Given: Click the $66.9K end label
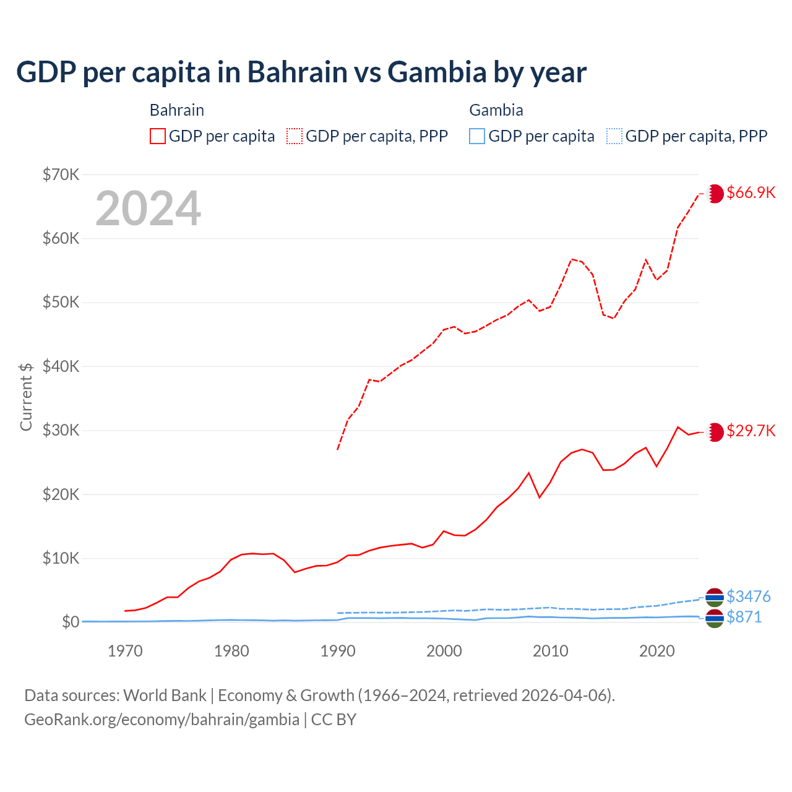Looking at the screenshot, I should pos(751,192).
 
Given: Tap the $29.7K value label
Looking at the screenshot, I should pos(751,431).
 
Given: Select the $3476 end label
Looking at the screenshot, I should pos(748,596).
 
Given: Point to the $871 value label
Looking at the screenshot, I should pos(744,617).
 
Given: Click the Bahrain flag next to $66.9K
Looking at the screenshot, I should pos(715,193).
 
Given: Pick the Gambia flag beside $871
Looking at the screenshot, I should pos(715,618).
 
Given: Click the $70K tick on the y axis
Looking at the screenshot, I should pos(61,174).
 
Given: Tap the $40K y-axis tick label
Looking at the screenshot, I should pos(61,366).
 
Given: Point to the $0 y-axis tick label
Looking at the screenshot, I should pos(71,622).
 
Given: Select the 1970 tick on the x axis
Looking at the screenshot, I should pos(125,651).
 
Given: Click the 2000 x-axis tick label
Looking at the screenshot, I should pos(444,651).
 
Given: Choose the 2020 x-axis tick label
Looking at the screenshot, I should pos(656,651).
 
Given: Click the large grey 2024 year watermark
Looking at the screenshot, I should pos(148,209).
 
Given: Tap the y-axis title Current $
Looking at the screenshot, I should pos(26,397).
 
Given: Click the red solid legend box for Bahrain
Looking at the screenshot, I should pos(158,136).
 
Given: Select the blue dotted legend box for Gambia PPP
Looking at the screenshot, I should pos(614,136).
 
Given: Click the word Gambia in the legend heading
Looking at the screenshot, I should pos(496,110).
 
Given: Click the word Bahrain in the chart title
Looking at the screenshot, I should pos(297,72).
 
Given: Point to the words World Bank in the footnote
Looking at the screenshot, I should pos(165,695).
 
